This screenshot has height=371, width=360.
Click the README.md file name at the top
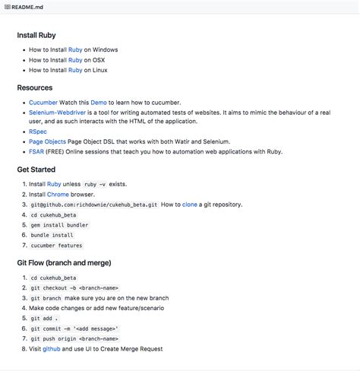[x=27, y=6]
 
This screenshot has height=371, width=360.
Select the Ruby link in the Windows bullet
[x=75, y=49]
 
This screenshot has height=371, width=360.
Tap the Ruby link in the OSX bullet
[x=75, y=59]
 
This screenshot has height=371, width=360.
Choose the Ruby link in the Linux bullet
[x=75, y=70]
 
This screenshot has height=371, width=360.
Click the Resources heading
[x=35, y=88]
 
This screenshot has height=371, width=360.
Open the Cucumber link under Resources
[x=43, y=102]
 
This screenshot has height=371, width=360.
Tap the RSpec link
[x=38, y=132]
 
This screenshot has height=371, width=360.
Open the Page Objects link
[x=46, y=141]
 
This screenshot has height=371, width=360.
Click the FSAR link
[x=36, y=151]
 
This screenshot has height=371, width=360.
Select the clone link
[x=189, y=205]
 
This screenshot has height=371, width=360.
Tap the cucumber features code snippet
[x=56, y=246]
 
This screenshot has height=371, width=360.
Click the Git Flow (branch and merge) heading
[x=64, y=263]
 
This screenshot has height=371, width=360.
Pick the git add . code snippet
[x=44, y=319]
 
